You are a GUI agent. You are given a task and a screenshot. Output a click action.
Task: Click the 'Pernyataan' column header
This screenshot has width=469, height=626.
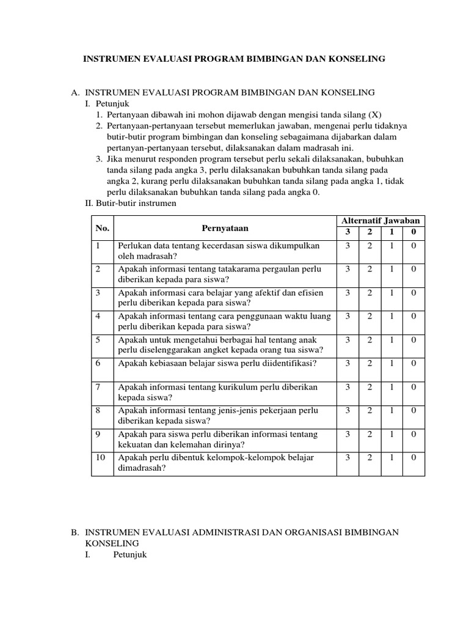(x=226, y=228)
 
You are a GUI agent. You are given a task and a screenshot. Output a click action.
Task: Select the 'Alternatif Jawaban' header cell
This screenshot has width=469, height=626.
(x=380, y=220)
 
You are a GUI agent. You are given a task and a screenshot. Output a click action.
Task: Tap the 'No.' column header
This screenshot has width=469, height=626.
(x=102, y=228)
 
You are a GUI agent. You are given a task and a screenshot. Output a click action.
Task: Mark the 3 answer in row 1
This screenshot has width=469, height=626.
(x=347, y=246)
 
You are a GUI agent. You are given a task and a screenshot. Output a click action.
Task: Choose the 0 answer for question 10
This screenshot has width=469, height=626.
(x=413, y=457)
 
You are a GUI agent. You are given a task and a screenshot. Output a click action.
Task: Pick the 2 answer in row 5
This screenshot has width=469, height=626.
(x=369, y=340)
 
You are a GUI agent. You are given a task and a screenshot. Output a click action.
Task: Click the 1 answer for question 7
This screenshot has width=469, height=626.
(x=391, y=387)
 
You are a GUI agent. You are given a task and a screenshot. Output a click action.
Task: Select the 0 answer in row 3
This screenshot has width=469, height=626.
(x=413, y=293)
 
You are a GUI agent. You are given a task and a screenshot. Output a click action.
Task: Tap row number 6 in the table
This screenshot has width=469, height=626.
(x=98, y=363)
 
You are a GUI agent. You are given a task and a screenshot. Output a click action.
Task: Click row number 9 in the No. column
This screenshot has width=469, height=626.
(x=98, y=434)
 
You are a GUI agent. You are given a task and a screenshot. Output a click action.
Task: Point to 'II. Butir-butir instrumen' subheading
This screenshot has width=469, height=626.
(x=131, y=203)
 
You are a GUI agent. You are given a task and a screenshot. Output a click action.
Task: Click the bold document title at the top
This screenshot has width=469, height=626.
(x=234, y=59)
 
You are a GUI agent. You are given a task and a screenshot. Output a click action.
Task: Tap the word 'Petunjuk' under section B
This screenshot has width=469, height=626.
(x=131, y=554)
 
